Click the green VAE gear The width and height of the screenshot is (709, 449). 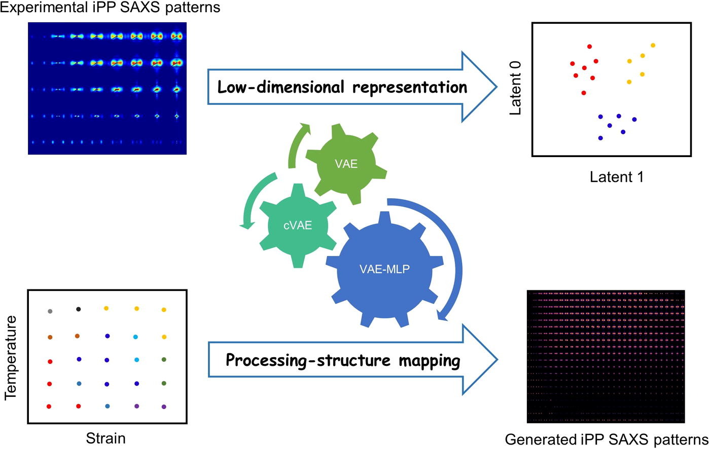[346, 164]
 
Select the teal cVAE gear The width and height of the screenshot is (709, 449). [298, 226]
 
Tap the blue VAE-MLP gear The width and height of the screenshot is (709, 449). [384, 269]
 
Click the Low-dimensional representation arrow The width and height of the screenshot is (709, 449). [352, 87]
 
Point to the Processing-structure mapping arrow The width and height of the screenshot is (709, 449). [352, 360]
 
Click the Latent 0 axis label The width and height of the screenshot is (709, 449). [515, 88]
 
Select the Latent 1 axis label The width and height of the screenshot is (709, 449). [617, 177]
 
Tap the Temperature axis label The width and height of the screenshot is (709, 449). [11, 358]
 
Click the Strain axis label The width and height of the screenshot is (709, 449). [105, 438]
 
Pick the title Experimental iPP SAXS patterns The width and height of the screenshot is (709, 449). [110, 7]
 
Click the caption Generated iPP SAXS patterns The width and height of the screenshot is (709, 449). [607, 439]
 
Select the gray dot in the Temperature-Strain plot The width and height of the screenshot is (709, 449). [50, 311]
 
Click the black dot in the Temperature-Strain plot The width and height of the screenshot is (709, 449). [79, 309]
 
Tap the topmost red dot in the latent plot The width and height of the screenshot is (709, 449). [589, 47]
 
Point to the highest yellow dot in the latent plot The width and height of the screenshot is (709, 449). [653, 45]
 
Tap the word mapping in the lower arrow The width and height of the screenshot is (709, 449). [430, 361]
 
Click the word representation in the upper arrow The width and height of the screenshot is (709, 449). [410, 88]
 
